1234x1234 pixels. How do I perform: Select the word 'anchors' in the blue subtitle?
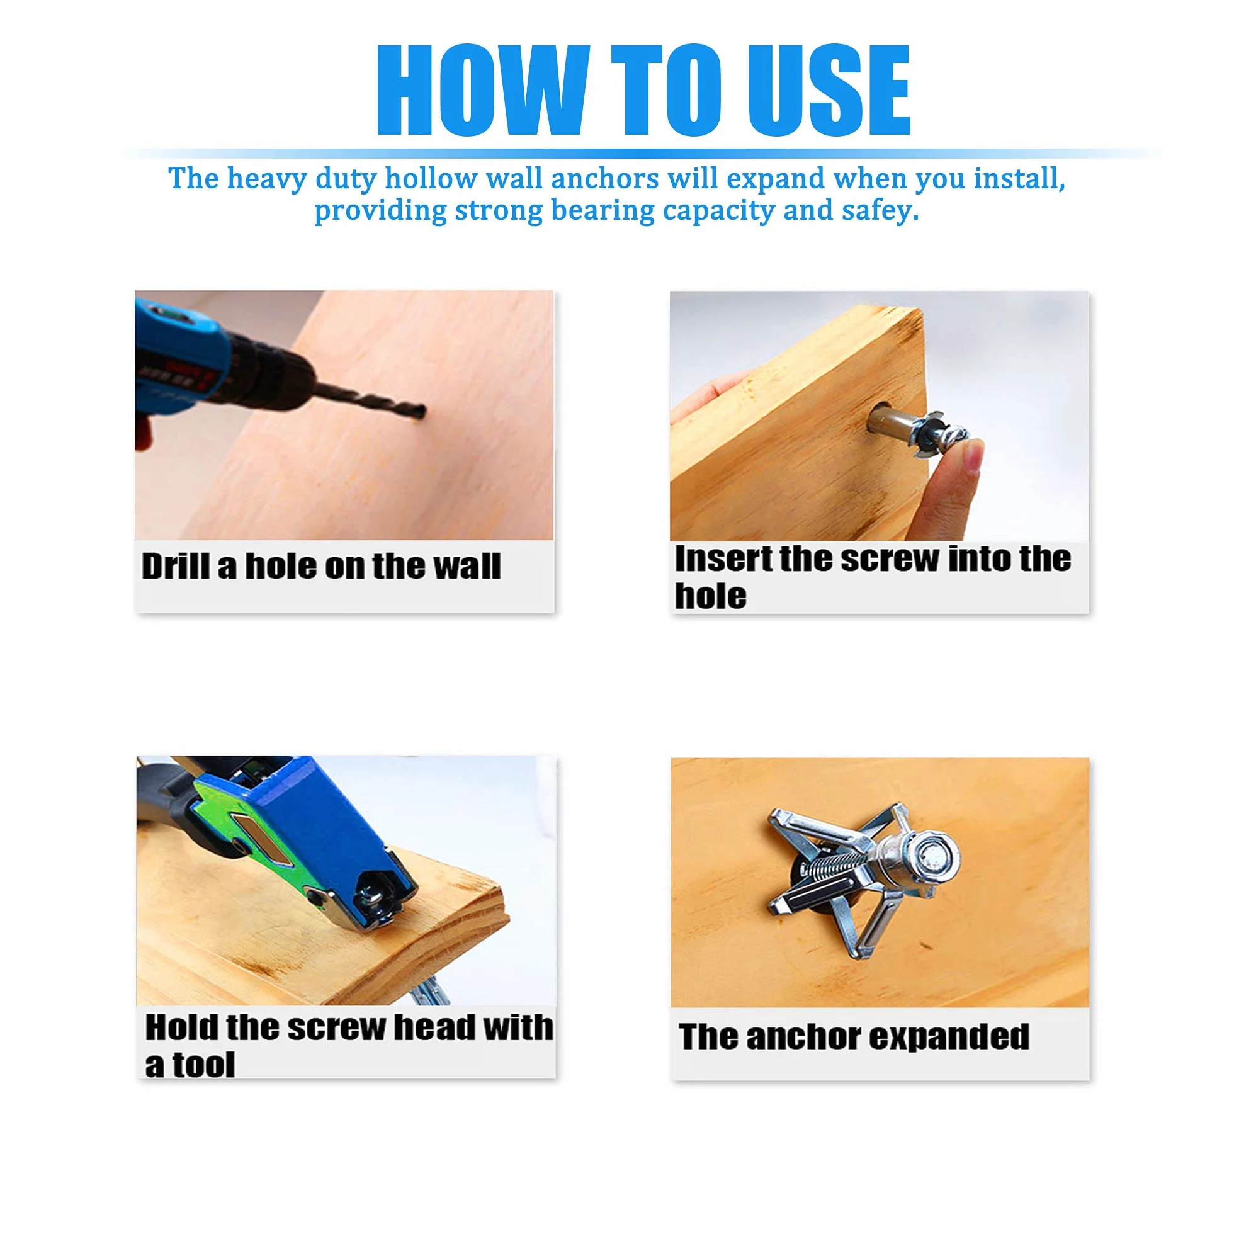[x=605, y=179]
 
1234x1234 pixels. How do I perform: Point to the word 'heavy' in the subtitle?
[x=268, y=179]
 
